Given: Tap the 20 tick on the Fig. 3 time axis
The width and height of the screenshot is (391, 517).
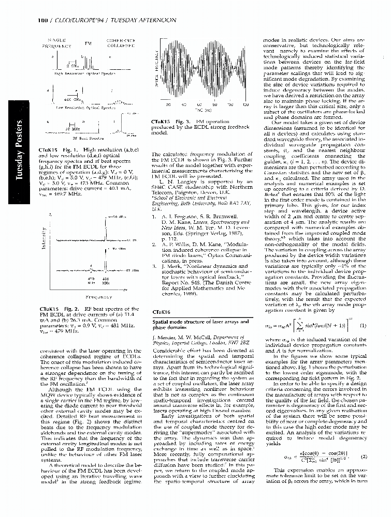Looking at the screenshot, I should click(x=168, y=105).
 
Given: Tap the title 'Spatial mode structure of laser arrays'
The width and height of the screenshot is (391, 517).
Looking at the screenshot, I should click(x=192, y=322).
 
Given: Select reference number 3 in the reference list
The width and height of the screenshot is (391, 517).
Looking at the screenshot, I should click(x=154, y=266).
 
